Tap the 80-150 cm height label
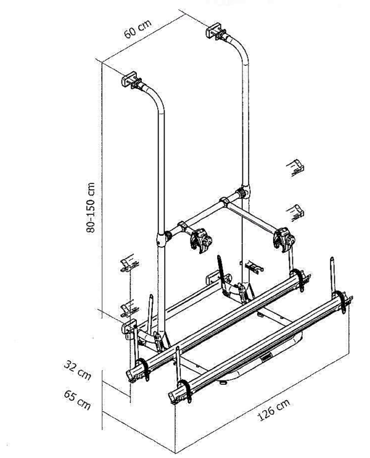pos(91,207)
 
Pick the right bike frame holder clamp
pos(283,238)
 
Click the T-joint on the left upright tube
pos(163,236)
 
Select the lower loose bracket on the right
pos(297,211)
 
